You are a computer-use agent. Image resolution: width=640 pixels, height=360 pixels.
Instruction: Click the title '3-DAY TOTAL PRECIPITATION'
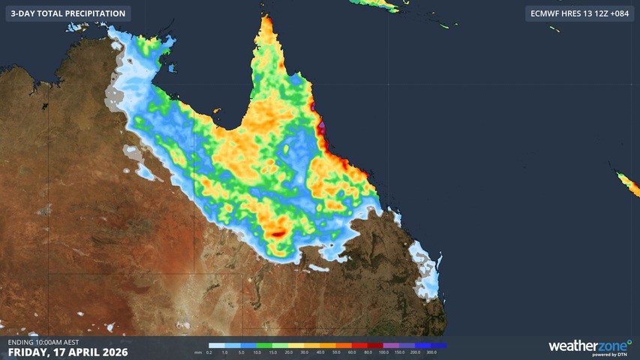click(68, 13)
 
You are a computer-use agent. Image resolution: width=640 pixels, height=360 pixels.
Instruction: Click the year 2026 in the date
click(113, 352)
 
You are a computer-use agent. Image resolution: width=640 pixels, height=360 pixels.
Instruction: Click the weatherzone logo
click(589, 346)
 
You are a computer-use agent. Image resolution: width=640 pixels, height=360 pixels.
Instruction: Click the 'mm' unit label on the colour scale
click(198, 352)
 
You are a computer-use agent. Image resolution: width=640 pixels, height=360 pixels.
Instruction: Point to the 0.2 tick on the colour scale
click(209, 352)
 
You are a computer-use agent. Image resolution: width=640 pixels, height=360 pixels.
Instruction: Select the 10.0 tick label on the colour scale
click(257, 352)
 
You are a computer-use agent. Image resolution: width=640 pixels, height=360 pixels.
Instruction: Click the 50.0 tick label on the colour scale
click(336, 352)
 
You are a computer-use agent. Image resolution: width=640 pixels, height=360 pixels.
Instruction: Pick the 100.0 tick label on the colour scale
click(383, 352)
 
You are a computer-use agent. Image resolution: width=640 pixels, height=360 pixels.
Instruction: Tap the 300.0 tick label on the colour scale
click(431, 352)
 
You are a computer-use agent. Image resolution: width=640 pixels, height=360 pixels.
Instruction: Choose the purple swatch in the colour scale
click(391, 346)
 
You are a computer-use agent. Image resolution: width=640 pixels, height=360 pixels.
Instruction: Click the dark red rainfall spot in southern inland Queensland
click(278, 234)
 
